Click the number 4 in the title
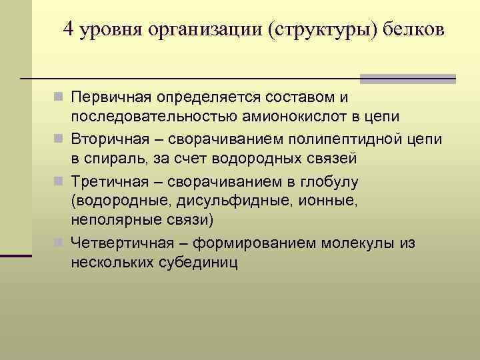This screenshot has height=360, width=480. click(69, 30)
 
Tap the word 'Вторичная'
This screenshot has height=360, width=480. click(110, 139)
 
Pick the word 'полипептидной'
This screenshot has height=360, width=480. click(353, 139)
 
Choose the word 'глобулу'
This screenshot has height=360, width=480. click(330, 181)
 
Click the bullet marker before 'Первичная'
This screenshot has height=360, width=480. click(62, 98)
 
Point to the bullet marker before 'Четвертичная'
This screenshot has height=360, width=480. click(62, 243)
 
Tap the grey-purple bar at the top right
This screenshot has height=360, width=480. click(407, 79)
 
